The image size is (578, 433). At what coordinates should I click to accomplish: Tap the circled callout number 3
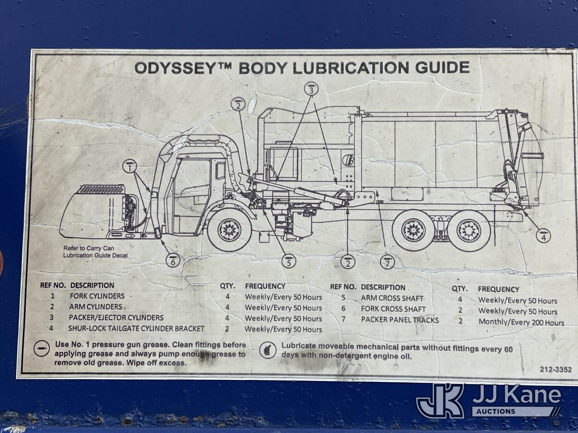pyautogui.click(x=311, y=89)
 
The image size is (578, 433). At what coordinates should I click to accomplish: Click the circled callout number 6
pyautogui.click(x=173, y=261)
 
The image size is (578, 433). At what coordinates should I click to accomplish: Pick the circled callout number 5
pyautogui.click(x=289, y=262)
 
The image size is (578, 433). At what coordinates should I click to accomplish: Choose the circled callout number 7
pyautogui.click(x=387, y=263)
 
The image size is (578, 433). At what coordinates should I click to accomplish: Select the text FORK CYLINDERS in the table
pyautogui.click(x=97, y=296)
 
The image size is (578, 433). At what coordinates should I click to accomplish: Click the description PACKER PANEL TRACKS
pyautogui.click(x=400, y=320)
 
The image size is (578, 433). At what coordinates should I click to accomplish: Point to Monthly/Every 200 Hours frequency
pyautogui.click(x=521, y=322)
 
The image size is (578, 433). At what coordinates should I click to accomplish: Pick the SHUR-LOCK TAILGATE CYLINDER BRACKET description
pyautogui.click(x=137, y=329)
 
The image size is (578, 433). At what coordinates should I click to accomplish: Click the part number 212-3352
pyautogui.click(x=556, y=369)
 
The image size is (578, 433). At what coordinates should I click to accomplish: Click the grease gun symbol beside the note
pyautogui.click(x=42, y=348)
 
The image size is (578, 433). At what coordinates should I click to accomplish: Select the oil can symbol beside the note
pyautogui.click(x=268, y=350)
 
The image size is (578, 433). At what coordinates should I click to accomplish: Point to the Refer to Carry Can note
pyautogui.click(x=95, y=252)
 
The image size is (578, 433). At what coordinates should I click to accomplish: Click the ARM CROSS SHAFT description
pyautogui.click(x=392, y=299)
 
